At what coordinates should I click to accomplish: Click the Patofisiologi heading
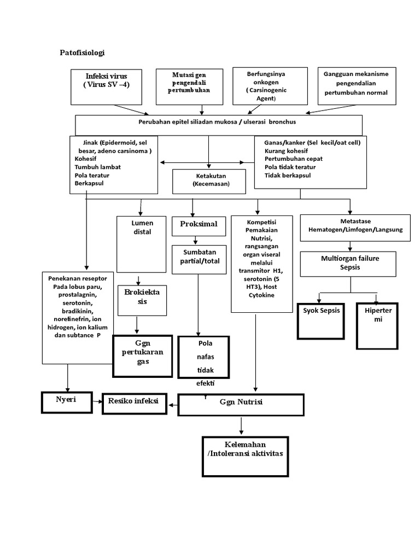[82, 53]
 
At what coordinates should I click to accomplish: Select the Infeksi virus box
[107, 86]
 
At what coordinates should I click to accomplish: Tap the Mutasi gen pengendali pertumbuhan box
[189, 86]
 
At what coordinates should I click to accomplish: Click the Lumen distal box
[142, 243]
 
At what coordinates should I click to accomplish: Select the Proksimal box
[195, 225]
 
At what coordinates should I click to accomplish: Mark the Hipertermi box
[377, 325]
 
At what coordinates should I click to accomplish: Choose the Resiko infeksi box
[134, 402]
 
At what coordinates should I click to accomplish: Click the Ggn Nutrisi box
[241, 404]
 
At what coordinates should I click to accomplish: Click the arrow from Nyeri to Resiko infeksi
[97, 402]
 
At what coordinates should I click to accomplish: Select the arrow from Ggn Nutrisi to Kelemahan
[241, 425]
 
